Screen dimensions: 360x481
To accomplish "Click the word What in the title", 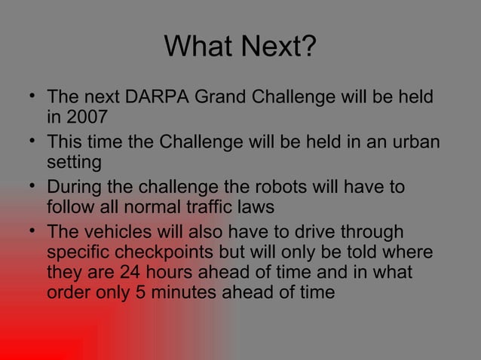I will point(197,48).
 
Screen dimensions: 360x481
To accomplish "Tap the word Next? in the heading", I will point(278,48).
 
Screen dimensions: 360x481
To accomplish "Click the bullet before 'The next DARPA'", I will point(29,97).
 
